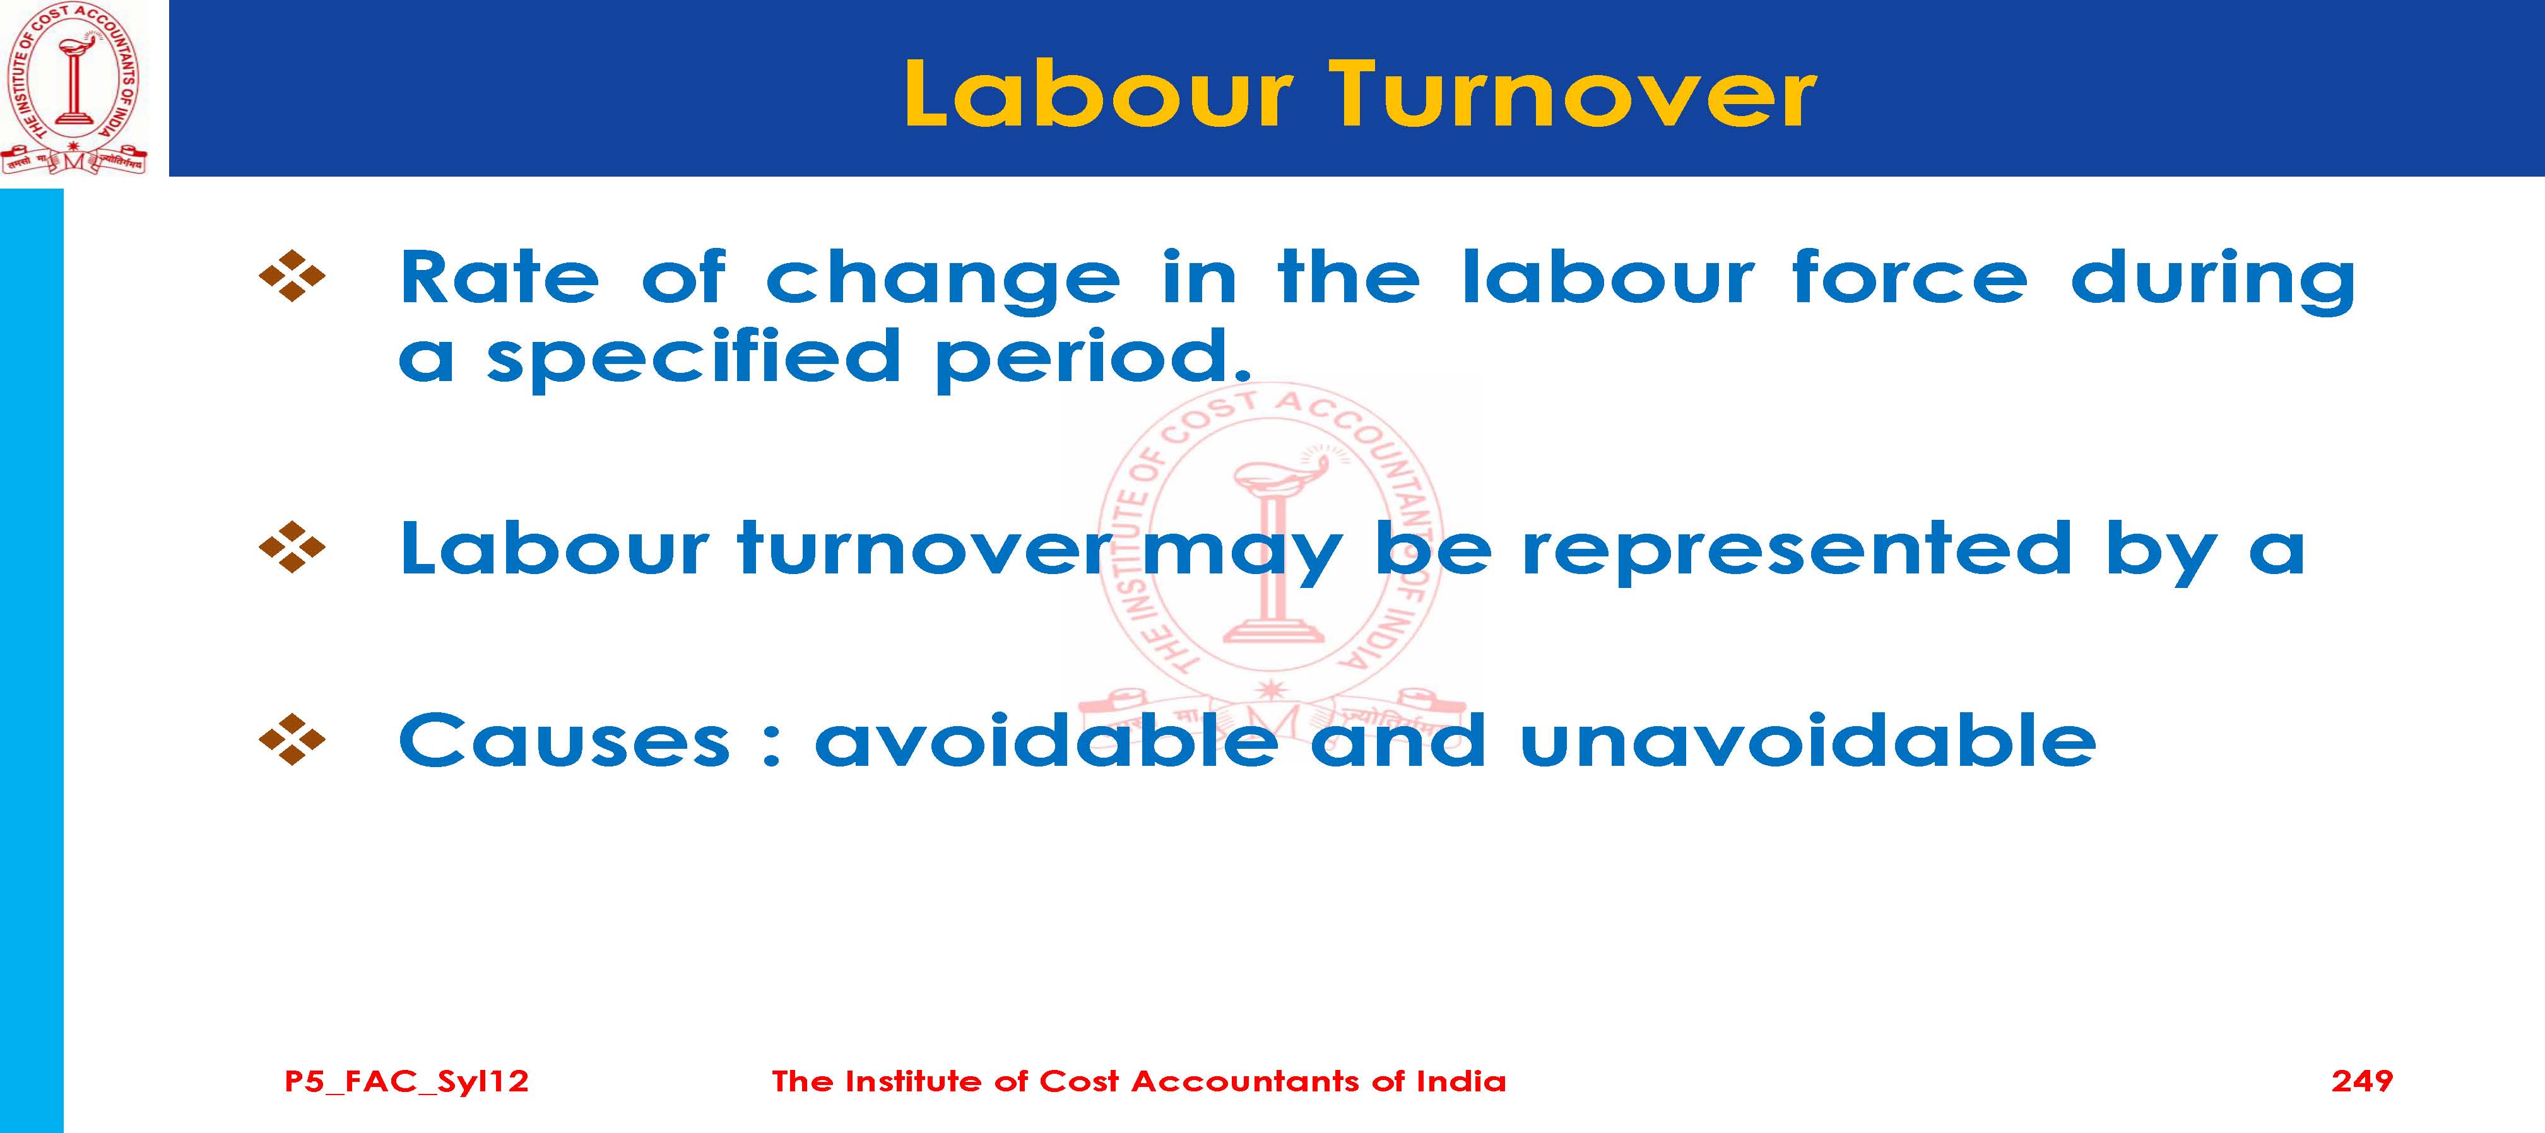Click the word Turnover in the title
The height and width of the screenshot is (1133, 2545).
(x=1571, y=95)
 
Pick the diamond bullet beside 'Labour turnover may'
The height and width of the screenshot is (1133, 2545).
(x=292, y=547)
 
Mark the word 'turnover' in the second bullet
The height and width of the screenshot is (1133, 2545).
(x=924, y=548)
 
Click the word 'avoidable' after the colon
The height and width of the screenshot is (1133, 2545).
(x=1045, y=741)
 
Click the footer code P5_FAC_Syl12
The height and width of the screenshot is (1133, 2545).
(x=406, y=1083)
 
